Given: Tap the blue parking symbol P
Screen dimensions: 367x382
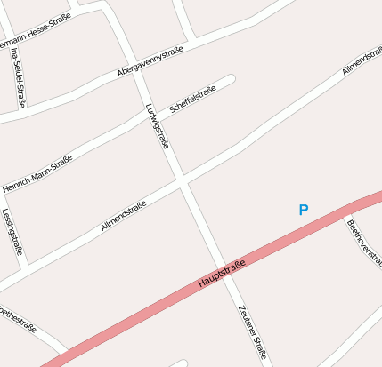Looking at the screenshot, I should pyautogui.click(x=303, y=210).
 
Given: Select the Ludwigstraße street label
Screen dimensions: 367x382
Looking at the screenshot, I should pyautogui.click(x=157, y=125).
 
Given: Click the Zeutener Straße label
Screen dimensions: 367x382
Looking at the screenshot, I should pyautogui.click(x=252, y=331).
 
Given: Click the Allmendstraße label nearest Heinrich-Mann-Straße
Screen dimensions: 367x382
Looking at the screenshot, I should pyautogui.click(x=123, y=217).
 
